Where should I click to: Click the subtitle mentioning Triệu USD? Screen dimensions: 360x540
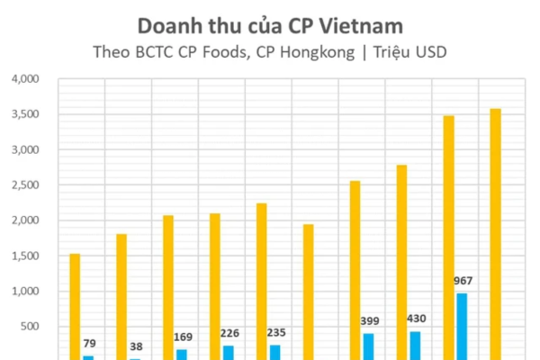tap(270, 51)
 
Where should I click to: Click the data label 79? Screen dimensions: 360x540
tap(88, 343)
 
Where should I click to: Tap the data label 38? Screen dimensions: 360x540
tap(135, 346)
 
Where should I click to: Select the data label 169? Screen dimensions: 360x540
tap(182, 337)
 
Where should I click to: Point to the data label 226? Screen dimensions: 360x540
tap(229, 332)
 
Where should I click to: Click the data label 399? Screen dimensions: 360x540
tap(369, 320)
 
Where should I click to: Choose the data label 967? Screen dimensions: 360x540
tap(462, 280)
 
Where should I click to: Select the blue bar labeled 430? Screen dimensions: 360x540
tap(415, 346)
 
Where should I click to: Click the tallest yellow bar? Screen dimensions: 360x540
tap(495, 234)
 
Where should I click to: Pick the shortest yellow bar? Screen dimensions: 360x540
tap(75, 306)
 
